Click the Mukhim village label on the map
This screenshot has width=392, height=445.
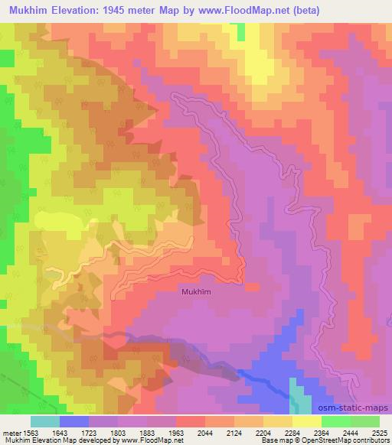click(x=197, y=291)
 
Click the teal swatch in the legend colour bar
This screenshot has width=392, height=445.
click(x=45, y=421)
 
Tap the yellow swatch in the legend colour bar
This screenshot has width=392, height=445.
click(x=307, y=421)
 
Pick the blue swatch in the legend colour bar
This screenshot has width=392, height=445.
click(x=74, y=421)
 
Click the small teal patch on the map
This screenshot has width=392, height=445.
click(x=299, y=397)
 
